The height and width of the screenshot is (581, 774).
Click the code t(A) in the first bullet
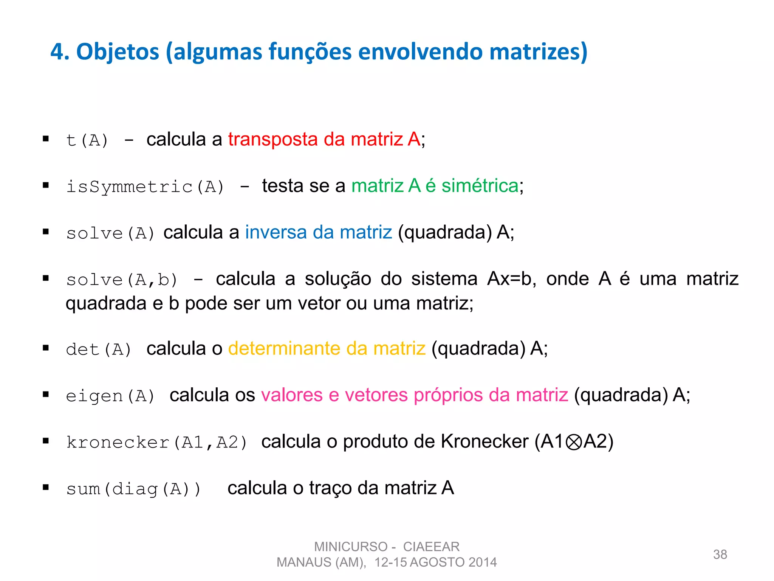[87, 140]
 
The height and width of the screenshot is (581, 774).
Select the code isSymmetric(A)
[145, 187]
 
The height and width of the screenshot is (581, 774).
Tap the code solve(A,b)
[122, 280]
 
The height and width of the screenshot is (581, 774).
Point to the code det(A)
[99, 350]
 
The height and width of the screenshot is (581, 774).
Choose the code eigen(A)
[110, 396]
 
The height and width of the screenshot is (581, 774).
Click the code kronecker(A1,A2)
[156, 443]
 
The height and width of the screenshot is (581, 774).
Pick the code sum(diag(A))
[133, 489]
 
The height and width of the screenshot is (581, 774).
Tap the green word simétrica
[480, 186]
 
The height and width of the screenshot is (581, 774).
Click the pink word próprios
[448, 395]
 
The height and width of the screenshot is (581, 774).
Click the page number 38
[720, 555]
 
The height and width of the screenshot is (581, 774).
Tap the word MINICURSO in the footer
[351, 547]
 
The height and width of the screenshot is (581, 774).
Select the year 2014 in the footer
[482, 562]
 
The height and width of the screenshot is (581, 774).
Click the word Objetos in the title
[118, 52]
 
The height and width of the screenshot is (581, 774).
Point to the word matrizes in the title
[539, 52]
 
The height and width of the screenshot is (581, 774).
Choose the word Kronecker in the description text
[485, 442]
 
